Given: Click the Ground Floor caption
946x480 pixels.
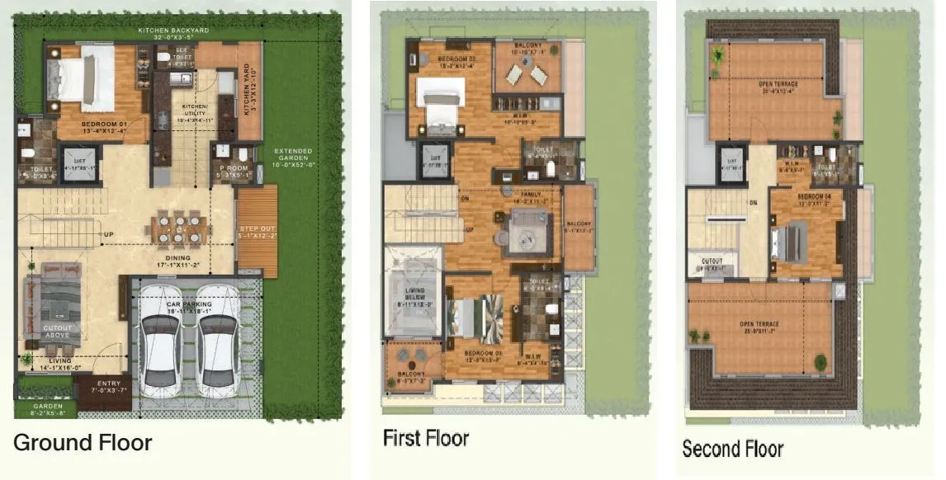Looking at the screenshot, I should click(83, 443).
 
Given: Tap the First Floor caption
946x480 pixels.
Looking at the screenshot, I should click(425, 438).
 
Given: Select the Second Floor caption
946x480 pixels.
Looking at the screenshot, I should click(732, 449).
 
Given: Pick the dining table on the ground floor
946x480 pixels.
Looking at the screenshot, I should click(180, 228).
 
